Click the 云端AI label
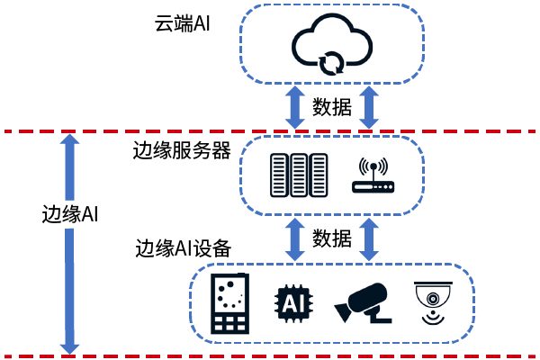click(183, 23)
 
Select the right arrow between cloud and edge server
click(369, 106)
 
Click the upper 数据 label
click(332, 107)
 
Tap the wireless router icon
click(373, 176)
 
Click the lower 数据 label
click(332, 239)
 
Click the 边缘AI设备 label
click(183, 247)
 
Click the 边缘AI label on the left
click(70, 215)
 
